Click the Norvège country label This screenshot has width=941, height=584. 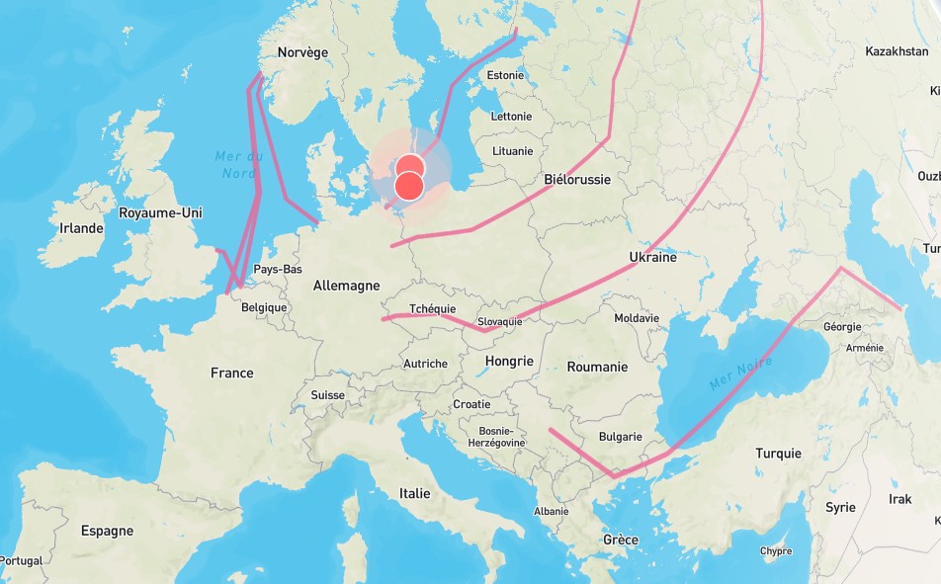click(x=302, y=52)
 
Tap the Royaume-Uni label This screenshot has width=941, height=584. click(x=160, y=212)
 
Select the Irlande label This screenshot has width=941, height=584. click(x=81, y=228)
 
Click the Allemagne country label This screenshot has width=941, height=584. click(x=346, y=286)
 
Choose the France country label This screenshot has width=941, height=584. click(x=231, y=373)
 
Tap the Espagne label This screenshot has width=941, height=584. click(x=107, y=531)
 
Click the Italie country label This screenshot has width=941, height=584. click(x=415, y=493)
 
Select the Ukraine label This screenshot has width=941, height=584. click(x=652, y=257)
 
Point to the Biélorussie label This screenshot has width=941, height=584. click(x=577, y=180)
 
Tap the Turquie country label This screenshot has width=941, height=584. click(x=778, y=454)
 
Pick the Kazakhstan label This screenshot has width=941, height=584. click(x=896, y=51)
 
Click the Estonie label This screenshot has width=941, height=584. click(x=505, y=75)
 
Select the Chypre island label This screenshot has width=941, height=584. click(x=776, y=551)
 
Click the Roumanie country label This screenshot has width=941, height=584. click(x=597, y=367)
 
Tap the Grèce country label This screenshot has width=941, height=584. click(x=621, y=540)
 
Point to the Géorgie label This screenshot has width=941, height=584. click(x=842, y=326)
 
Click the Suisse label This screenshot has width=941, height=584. click(x=327, y=395)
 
